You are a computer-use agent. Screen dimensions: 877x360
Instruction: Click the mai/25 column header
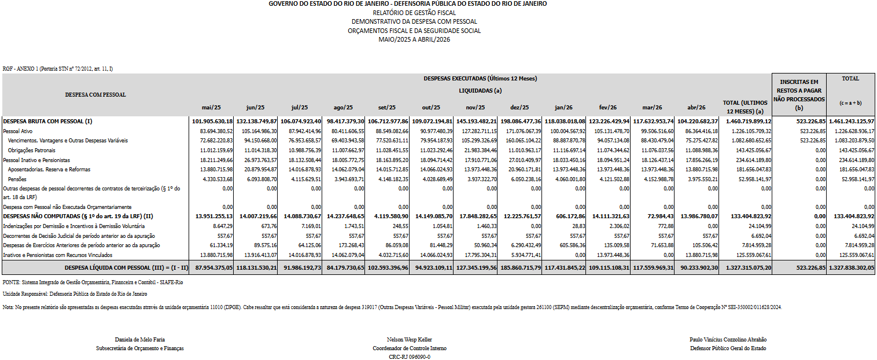tap(211, 107)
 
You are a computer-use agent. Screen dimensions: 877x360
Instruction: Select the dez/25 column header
tap(519, 107)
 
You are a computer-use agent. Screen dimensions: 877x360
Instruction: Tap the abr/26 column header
tap(696, 107)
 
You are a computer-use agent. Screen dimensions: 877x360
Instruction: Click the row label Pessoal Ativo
tap(17, 131)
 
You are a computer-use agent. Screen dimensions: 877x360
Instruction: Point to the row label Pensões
tap(17, 179)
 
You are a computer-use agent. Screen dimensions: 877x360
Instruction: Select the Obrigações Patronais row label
tap(32, 150)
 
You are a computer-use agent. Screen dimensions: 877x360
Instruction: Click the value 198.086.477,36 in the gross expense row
tap(520, 122)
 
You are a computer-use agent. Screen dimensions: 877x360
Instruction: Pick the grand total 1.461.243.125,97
tap(851, 122)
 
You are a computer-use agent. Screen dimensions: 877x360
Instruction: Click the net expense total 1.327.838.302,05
tap(851, 267)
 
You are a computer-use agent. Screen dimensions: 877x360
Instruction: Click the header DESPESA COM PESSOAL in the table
tap(95, 95)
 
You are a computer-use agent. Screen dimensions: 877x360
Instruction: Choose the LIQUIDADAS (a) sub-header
tap(480, 91)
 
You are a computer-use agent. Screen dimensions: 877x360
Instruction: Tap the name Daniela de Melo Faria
tap(140, 340)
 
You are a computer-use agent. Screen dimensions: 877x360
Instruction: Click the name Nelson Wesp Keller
tap(410, 340)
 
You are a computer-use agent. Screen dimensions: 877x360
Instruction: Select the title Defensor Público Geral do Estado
tap(728, 348)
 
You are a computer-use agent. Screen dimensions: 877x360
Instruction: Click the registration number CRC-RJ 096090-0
tap(410, 357)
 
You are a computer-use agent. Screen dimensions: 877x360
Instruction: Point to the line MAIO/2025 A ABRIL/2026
tap(414, 39)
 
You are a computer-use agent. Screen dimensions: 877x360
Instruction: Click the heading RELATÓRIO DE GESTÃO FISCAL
tap(414, 13)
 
